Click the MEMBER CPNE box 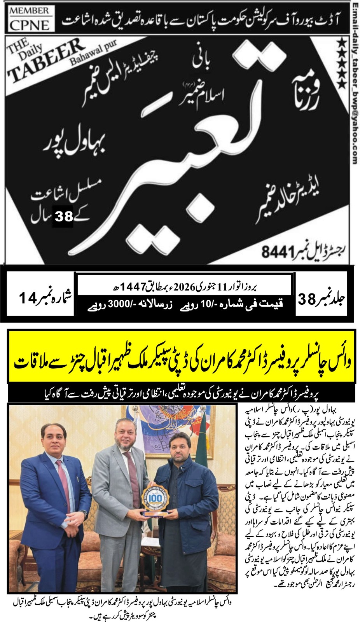coord(29,19)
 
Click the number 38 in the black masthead coord(64,216)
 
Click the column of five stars coord(341,62)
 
